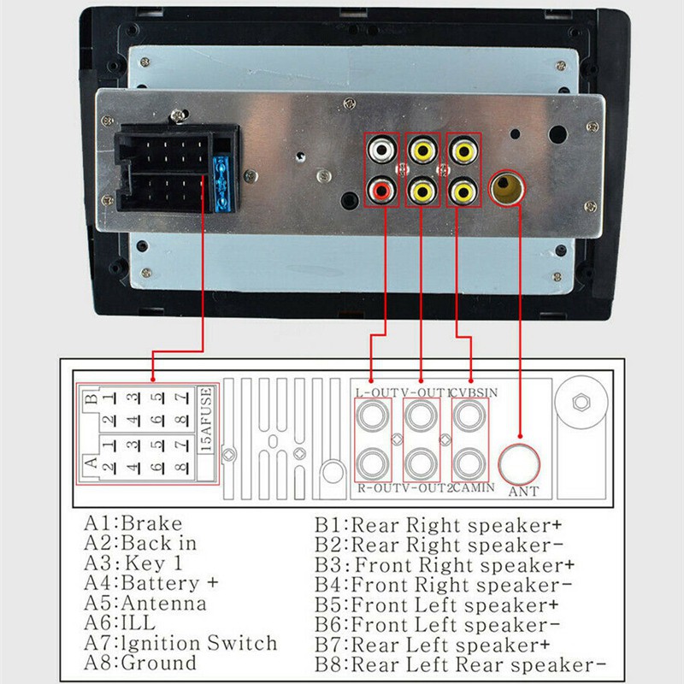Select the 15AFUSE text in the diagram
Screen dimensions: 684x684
205,419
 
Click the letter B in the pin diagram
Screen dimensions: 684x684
88,399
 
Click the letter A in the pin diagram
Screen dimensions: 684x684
89,461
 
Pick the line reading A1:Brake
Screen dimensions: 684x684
133,523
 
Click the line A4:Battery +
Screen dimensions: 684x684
150,583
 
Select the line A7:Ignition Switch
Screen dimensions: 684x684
180,643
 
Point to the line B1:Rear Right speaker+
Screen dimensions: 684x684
443,525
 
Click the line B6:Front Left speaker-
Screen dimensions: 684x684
437,625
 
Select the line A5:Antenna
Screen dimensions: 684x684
144,603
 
